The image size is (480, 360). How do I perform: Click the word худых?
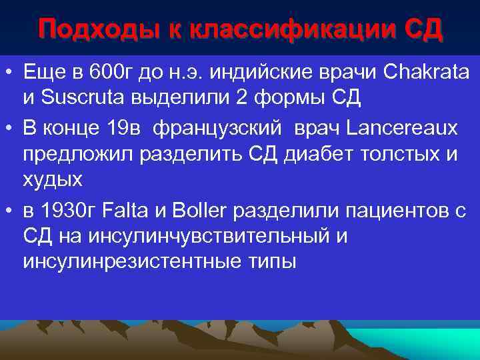point(53,180)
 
